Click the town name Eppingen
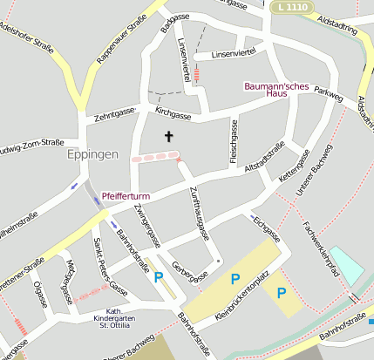click(x=92, y=154)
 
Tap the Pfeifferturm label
click(x=127, y=196)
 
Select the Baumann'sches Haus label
click(x=272, y=89)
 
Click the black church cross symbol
click(x=169, y=137)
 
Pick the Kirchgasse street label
click(x=173, y=114)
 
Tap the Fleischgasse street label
click(x=234, y=141)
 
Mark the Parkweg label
click(x=329, y=91)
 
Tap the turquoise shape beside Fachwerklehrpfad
click(x=346, y=265)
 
